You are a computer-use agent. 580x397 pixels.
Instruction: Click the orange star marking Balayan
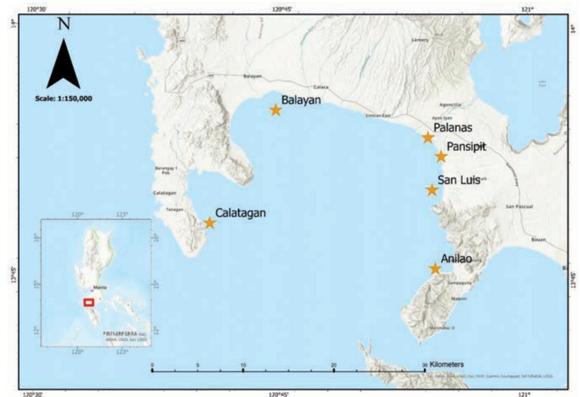coord(276,110)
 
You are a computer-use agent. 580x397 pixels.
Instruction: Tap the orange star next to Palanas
coord(428,138)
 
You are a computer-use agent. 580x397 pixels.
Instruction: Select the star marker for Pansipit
coord(441,156)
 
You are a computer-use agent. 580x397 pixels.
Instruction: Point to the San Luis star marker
coord(432,190)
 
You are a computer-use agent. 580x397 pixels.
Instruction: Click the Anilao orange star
coord(435,269)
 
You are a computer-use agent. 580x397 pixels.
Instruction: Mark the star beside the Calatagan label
coord(210,223)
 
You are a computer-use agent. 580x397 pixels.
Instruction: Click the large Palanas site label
coord(453,127)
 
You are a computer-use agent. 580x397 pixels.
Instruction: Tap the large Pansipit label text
coord(466,146)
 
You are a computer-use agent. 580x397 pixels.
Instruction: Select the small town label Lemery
coord(420,40)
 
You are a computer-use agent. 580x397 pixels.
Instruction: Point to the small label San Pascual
coord(519,207)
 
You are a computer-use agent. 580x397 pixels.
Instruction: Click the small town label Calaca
coord(320,87)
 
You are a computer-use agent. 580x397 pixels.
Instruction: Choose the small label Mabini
coord(459,299)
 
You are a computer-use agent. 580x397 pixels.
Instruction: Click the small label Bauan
coord(538,240)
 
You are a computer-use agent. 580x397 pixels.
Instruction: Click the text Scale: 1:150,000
coord(64,99)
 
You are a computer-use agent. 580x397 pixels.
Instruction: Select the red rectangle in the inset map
coord(89,302)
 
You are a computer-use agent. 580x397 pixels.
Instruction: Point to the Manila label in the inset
coord(100,287)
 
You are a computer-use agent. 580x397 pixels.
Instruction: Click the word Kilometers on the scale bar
coord(446,364)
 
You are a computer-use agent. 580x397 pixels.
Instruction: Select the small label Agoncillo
coord(450,105)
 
